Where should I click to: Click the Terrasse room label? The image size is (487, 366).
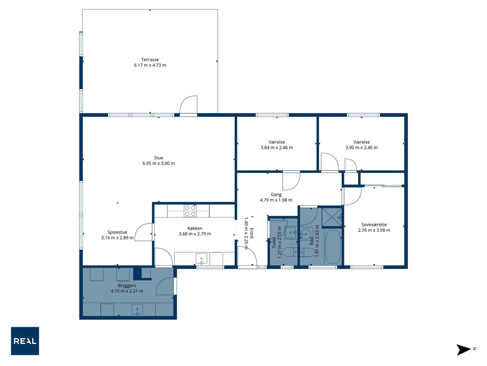point(150,59)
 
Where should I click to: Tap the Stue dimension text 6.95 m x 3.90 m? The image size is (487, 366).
point(159,163)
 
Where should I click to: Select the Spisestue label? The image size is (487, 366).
point(117,232)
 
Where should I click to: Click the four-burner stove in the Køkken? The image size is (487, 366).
point(190,211)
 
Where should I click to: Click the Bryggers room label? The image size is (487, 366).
point(127,286)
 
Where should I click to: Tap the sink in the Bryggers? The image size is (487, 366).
point(137,310)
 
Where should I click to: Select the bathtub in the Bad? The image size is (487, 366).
point(333,247)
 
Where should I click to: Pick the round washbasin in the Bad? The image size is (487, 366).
point(306,234)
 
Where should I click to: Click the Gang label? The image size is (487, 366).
point(276,194)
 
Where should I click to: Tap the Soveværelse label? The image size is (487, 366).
point(374,225)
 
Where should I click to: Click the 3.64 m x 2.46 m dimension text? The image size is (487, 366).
point(277,148)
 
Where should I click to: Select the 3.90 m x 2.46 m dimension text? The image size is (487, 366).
point(361,148)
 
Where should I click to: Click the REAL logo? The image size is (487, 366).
point(25,341)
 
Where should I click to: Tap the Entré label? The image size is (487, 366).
point(251,233)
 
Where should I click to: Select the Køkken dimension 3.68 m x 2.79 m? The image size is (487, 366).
point(195,234)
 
